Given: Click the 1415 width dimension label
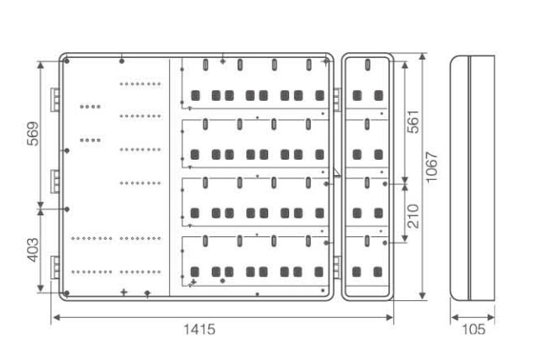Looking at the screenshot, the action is [x=199, y=330].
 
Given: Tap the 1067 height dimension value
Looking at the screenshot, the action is [x=431, y=167].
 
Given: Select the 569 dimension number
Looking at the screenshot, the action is [x=33, y=134].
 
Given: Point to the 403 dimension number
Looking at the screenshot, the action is [x=33, y=250].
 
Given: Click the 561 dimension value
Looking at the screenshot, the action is [x=413, y=121].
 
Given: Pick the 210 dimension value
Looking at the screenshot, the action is [x=413, y=216].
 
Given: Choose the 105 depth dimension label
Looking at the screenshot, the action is [x=473, y=330].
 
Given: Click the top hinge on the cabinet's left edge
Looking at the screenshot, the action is [x=55, y=100].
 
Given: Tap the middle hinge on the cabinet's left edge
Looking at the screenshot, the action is [x=55, y=181].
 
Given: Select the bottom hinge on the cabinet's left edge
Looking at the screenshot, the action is [x=55, y=267].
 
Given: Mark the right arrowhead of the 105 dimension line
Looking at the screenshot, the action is [x=491, y=317].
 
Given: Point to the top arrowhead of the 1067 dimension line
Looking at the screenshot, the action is [x=422, y=56].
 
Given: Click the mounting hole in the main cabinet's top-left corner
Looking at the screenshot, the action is [x=67, y=61].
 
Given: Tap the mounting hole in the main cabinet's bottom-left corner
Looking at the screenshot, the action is [x=66, y=293].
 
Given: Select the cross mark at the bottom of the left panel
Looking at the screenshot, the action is [x=124, y=293].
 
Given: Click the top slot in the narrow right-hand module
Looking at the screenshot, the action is [x=367, y=64].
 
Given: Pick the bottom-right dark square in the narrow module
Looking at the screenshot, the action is [x=377, y=273].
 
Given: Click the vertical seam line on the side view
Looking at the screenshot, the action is [x=469, y=177].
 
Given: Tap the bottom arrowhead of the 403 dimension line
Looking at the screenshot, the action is [x=40, y=289].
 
